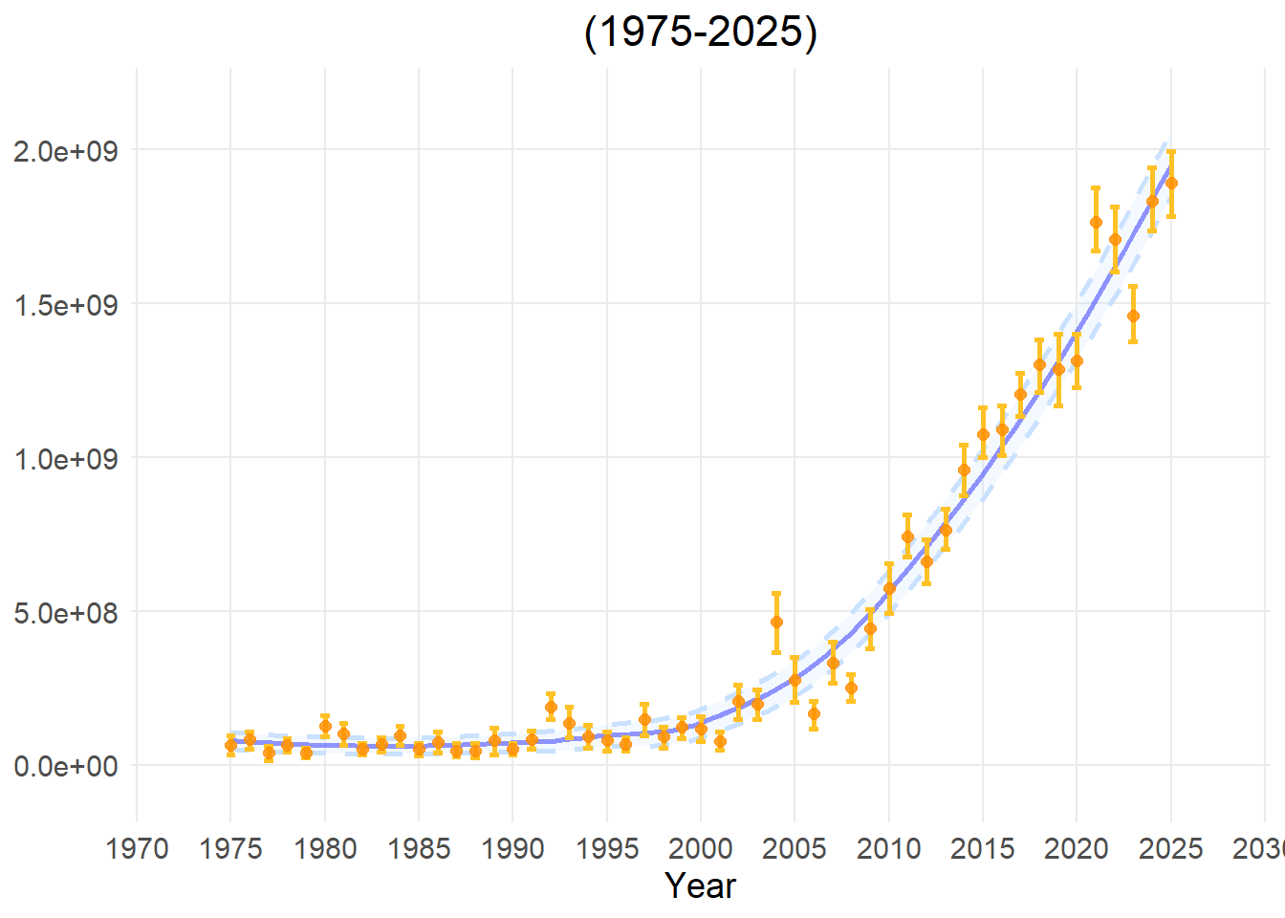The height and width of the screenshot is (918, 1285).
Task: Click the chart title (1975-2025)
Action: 700,32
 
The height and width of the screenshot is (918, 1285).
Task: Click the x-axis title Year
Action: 700,885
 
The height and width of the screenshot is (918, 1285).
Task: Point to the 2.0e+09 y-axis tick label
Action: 65,151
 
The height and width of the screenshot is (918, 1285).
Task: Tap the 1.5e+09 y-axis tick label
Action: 65,305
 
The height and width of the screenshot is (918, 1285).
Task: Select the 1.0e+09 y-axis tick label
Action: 65,459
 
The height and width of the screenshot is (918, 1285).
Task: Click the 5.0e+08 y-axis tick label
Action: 65,613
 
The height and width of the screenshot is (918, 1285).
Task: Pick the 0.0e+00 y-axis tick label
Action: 65,766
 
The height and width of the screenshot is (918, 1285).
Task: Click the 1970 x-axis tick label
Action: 137,848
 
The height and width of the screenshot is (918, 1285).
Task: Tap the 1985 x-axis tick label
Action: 419,848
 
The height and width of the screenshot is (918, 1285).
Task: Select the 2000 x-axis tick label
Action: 701,848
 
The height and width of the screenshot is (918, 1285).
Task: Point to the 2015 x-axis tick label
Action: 983,848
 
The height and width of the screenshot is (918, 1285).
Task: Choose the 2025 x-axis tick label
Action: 1171,848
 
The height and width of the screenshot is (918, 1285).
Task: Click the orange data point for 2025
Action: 1171,183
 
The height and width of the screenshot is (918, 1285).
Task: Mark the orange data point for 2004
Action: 776,622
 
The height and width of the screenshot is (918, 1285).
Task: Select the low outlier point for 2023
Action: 1133,316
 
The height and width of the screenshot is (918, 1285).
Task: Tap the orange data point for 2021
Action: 1096,222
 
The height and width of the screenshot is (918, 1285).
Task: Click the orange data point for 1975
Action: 230,745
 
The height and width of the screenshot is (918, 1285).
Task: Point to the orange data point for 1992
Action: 551,707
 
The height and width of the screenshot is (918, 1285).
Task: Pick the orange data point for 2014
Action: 964,470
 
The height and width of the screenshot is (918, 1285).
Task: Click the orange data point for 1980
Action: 325,726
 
